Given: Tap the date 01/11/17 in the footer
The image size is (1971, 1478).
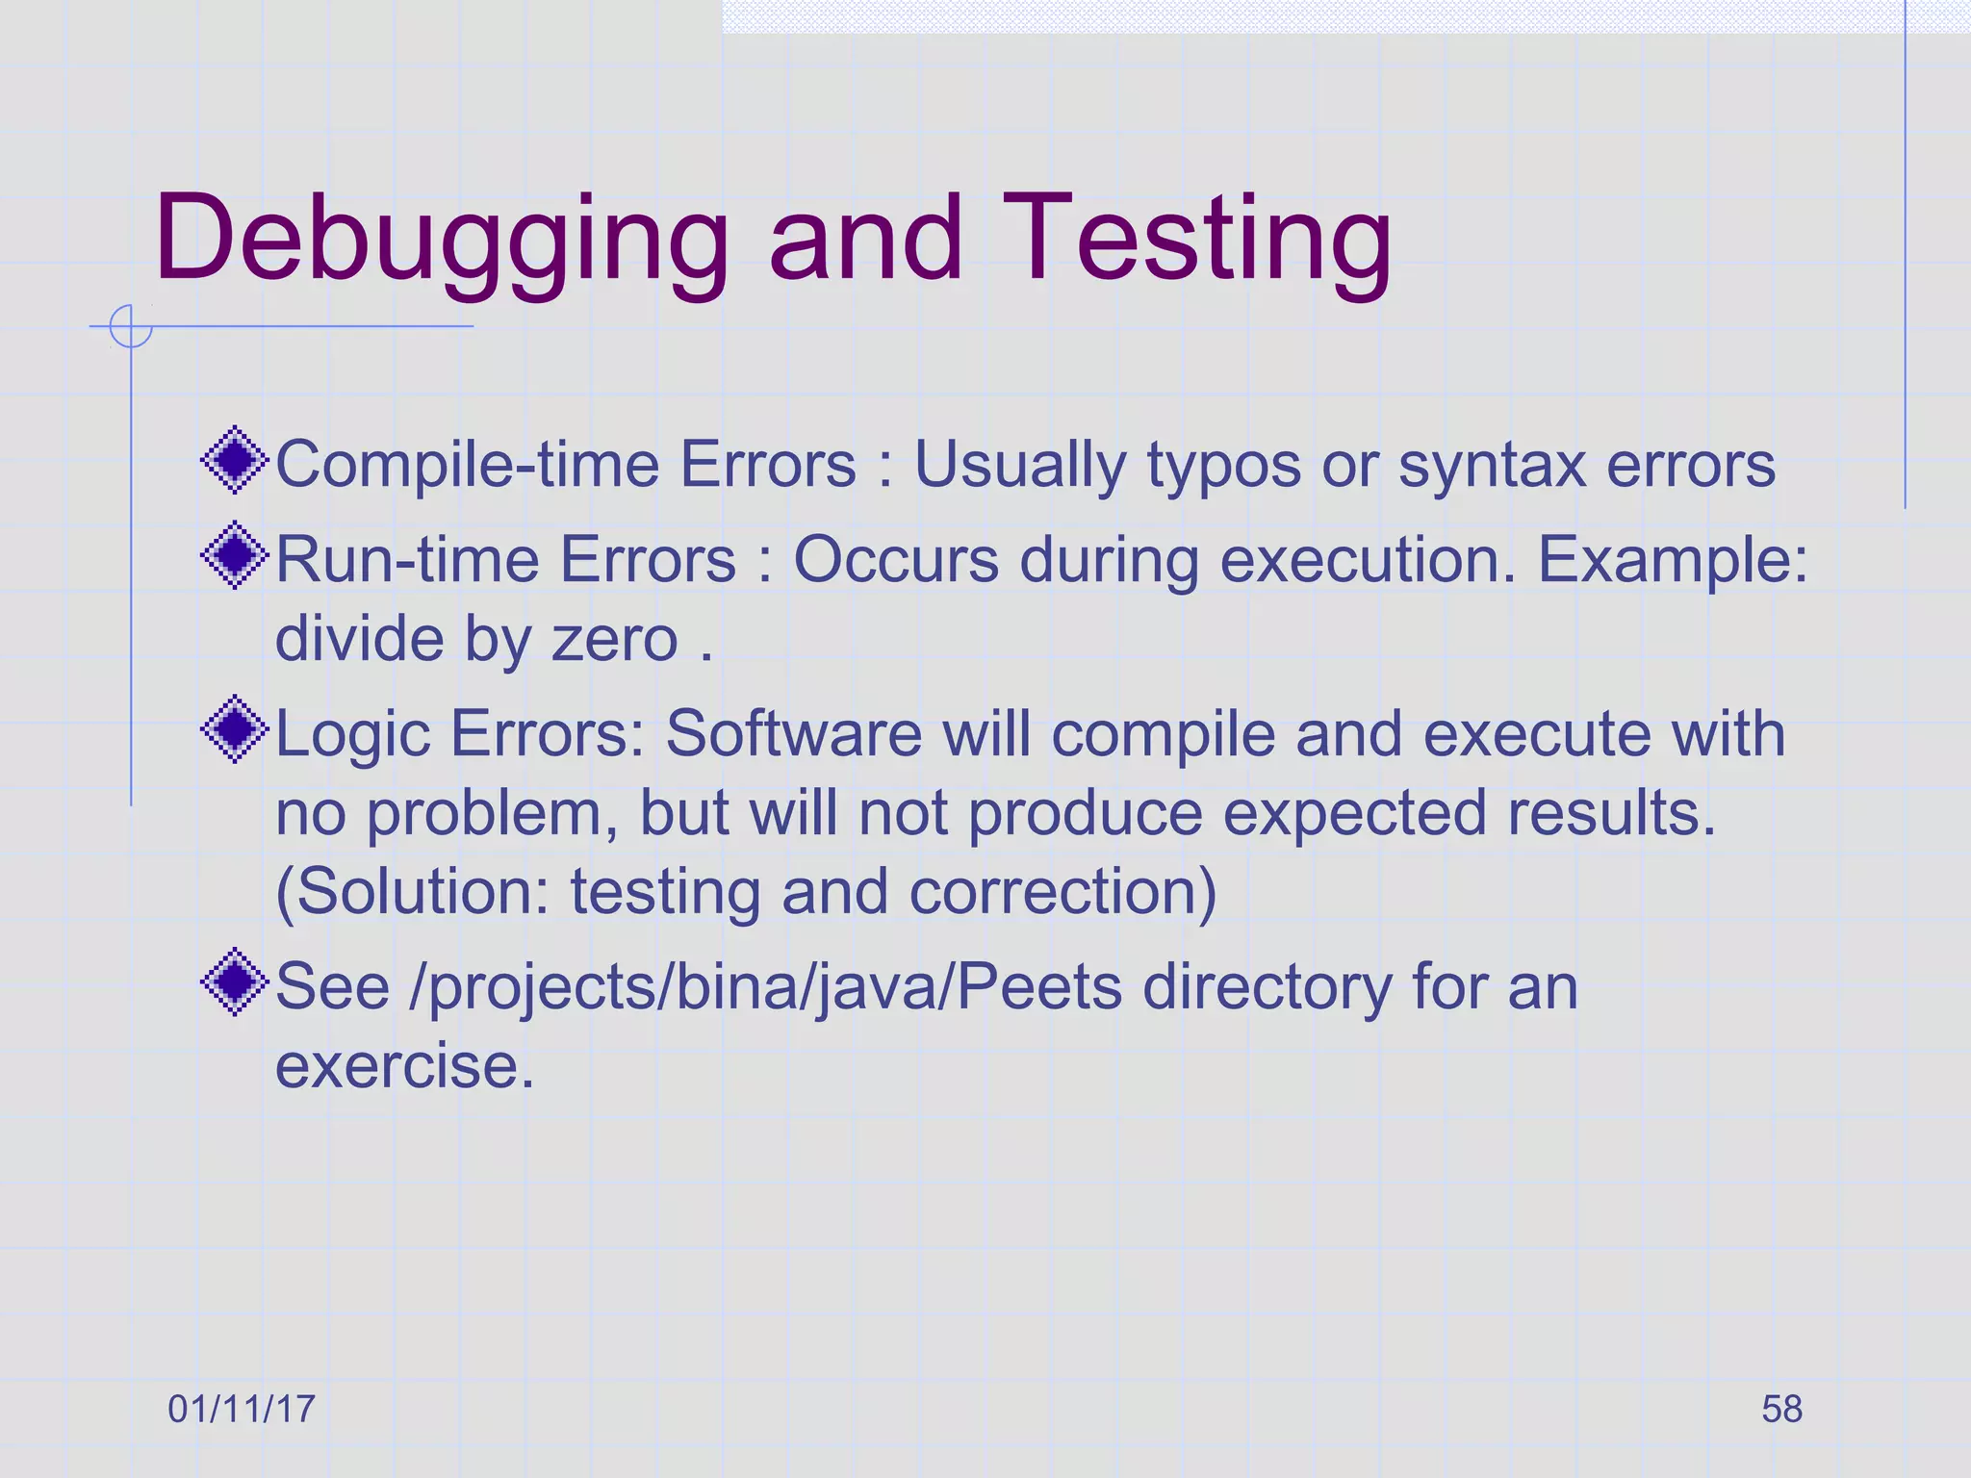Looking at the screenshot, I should click(242, 1409).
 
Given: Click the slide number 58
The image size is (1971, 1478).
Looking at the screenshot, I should click(1781, 1409).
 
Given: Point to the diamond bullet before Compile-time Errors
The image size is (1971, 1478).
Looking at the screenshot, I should click(234, 461).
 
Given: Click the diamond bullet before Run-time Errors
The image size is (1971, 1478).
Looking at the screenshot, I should click(234, 555).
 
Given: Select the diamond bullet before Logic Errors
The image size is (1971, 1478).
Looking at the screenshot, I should click(234, 730).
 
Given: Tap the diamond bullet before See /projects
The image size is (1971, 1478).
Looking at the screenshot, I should click(234, 982).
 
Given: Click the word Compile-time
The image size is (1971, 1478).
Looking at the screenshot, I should click(467, 465).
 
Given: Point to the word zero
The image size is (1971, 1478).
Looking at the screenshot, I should click(614, 639).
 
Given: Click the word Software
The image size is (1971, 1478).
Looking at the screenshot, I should click(794, 734).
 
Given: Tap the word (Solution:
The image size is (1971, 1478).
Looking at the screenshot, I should click(412, 892).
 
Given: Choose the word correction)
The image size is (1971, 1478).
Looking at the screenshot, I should click(1062, 892).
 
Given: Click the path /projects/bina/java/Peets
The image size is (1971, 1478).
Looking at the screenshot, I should click(765, 988).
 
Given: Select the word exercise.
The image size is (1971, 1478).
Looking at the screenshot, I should click(404, 1066).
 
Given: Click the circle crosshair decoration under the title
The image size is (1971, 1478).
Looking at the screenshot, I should click(131, 326).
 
